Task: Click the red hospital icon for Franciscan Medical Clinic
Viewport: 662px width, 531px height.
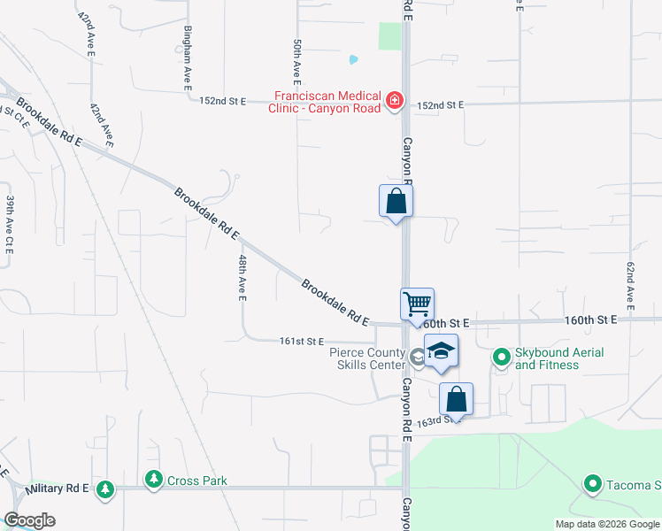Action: [x=395, y=103]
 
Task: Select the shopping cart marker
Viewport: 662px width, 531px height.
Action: [x=417, y=304]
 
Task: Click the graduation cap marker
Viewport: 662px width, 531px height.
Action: [x=441, y=351]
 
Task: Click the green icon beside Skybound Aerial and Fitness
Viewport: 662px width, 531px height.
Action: [x=502, y=358]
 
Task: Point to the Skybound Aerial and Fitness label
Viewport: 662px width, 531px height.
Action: [x=559, y=358]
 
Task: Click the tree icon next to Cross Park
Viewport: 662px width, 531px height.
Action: [x=155, y=480]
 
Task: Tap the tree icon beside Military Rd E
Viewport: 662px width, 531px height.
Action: [x=105, y=489]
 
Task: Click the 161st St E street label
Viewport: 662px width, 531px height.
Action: [x=302, y=341]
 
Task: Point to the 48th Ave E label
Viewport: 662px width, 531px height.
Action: [x=242, y=277]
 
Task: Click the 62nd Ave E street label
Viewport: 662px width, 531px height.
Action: [x=630, y=286]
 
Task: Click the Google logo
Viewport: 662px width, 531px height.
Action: [x=29, y=520]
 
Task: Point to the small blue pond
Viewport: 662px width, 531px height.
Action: [x=354, y=60]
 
